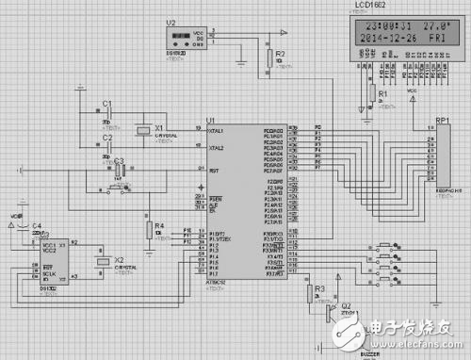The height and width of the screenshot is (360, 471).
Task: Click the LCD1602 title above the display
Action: (371, 8)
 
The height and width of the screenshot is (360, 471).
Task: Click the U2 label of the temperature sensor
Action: (171, 21)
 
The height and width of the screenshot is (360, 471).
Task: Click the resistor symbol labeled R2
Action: (268, 56)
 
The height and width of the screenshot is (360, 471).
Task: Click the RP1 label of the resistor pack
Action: (442, 120)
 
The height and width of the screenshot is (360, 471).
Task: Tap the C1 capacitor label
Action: (106, 103)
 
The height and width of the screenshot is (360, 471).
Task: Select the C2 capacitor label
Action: (106, 138)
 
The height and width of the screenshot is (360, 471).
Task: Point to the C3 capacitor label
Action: (119, 161)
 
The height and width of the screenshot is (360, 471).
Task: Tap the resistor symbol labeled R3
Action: (309, 293)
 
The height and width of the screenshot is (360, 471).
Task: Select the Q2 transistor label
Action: (346, 305)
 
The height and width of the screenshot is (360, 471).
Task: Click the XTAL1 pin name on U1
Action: (216, 131)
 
